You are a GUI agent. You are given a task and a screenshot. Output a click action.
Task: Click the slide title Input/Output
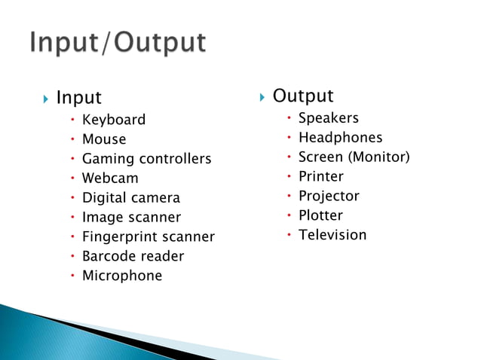118,42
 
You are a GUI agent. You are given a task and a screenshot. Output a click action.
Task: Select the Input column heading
78,98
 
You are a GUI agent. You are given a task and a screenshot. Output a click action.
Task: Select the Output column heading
302,96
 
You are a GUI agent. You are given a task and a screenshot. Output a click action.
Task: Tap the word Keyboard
114,120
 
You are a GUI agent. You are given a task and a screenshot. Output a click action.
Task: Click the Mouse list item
104,139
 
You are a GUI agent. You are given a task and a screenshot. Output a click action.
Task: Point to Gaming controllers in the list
146,159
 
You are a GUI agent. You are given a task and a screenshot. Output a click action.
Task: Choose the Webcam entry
110,178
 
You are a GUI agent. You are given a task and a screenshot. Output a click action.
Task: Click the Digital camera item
131,198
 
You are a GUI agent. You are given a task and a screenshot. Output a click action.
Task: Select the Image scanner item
131,218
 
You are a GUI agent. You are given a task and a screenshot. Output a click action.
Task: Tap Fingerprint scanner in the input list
148,237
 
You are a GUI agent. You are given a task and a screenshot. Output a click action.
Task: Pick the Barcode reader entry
133,256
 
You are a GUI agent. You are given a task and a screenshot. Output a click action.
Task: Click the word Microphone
122,276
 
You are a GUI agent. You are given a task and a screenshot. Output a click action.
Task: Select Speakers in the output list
329,118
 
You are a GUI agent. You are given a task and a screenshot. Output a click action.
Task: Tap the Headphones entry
340,138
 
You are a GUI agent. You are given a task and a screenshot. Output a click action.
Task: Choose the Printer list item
320,177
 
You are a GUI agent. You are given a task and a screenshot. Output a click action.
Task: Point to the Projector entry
329,196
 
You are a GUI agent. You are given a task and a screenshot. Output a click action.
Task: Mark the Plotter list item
320,215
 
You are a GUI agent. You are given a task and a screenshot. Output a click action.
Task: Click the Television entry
332,235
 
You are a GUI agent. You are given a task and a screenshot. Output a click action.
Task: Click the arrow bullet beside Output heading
262,97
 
